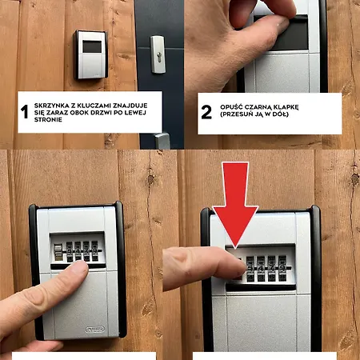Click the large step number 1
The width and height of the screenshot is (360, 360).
tap(25, 111)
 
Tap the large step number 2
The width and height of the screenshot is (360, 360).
tap(206, 112)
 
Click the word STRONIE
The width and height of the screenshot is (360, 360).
tap(48, 119)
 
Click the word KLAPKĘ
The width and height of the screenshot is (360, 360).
tap(286, 107)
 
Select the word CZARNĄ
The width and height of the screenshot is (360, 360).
tap(257, 107)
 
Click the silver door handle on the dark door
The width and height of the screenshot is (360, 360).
tap(162, 141)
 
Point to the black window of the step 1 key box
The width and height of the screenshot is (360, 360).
tap(92, 46)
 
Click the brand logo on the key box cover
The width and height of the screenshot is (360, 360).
tap(95, 330)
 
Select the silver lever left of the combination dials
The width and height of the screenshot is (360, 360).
tap(58, 252)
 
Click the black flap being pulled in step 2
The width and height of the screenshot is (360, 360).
tap(281, 33)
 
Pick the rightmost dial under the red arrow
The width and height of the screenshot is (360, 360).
tap(282, 268)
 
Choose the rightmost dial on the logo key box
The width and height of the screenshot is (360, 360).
tap(95, 251)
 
